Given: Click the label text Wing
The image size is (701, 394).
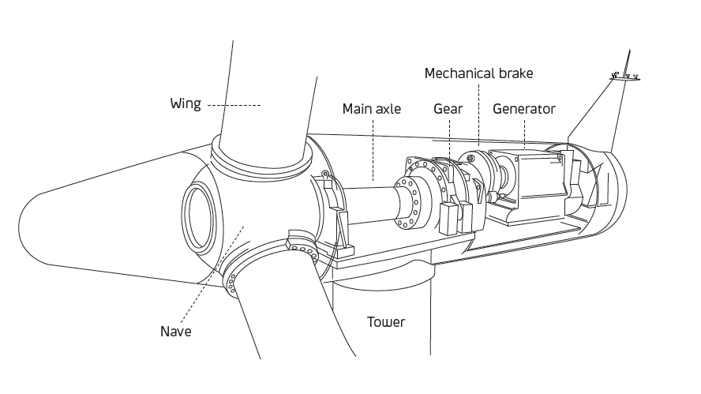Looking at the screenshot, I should (186, 103).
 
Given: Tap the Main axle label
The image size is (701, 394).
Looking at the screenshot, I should (371, 109).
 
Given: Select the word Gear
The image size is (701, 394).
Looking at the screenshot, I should (448, 109).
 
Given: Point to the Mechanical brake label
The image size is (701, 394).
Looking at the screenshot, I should (478, 73).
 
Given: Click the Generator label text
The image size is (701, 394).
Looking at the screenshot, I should (524, 109).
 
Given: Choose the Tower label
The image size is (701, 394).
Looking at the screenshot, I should (386, 321).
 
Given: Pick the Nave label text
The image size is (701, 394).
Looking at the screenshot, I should (176, 332).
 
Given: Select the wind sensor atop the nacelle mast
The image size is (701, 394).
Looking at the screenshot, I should (624, 76).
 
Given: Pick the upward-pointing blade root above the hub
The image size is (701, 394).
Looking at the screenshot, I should (261, 95).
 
